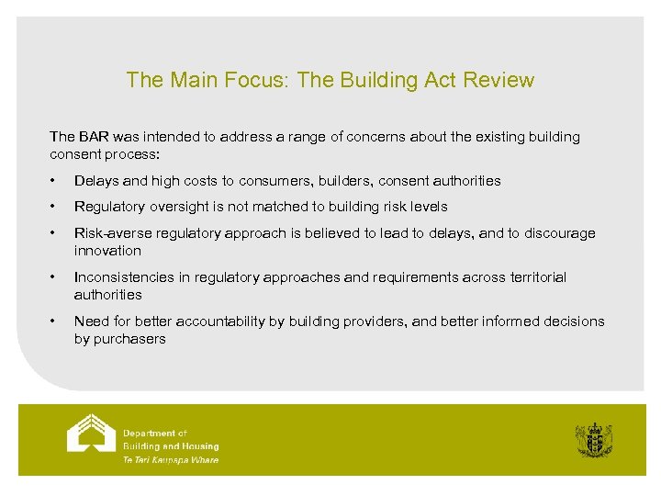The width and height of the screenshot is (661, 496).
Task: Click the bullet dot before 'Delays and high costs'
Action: click(x=55, y=181)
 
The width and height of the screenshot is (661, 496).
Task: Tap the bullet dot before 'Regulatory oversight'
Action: click(x=55, y=207)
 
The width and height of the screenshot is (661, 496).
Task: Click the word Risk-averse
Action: click(x=112, y=233)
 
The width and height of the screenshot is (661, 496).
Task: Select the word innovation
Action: click(x=107, y=251)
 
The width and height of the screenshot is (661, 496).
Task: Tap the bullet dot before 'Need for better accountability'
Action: click(x=55, y=321)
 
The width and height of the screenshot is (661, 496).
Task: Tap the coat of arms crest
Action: click(x=593, y=440)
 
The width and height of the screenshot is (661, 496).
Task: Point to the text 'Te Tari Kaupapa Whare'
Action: click(x=171, y=460)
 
